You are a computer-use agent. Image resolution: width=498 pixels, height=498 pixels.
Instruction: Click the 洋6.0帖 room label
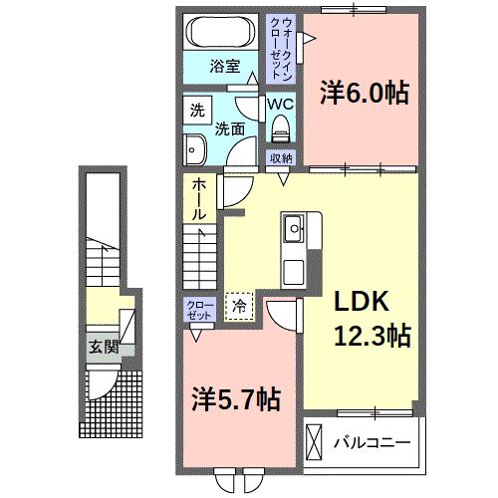364,94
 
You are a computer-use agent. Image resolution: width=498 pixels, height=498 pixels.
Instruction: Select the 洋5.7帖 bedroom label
234,400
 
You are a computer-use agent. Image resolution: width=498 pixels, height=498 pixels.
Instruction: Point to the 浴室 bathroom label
224,67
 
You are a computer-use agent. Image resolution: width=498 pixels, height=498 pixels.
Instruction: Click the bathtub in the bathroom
222,32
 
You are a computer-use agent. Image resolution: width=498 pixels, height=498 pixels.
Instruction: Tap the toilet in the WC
281,125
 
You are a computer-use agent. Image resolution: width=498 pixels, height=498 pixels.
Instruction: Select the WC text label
281,103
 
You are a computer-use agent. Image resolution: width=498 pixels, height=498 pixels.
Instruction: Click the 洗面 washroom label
231,128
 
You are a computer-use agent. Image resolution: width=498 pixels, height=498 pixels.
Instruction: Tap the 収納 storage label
281,157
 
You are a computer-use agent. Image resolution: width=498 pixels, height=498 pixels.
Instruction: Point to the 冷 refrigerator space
239,305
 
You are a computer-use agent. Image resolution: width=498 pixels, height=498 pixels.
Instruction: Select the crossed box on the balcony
315,439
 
